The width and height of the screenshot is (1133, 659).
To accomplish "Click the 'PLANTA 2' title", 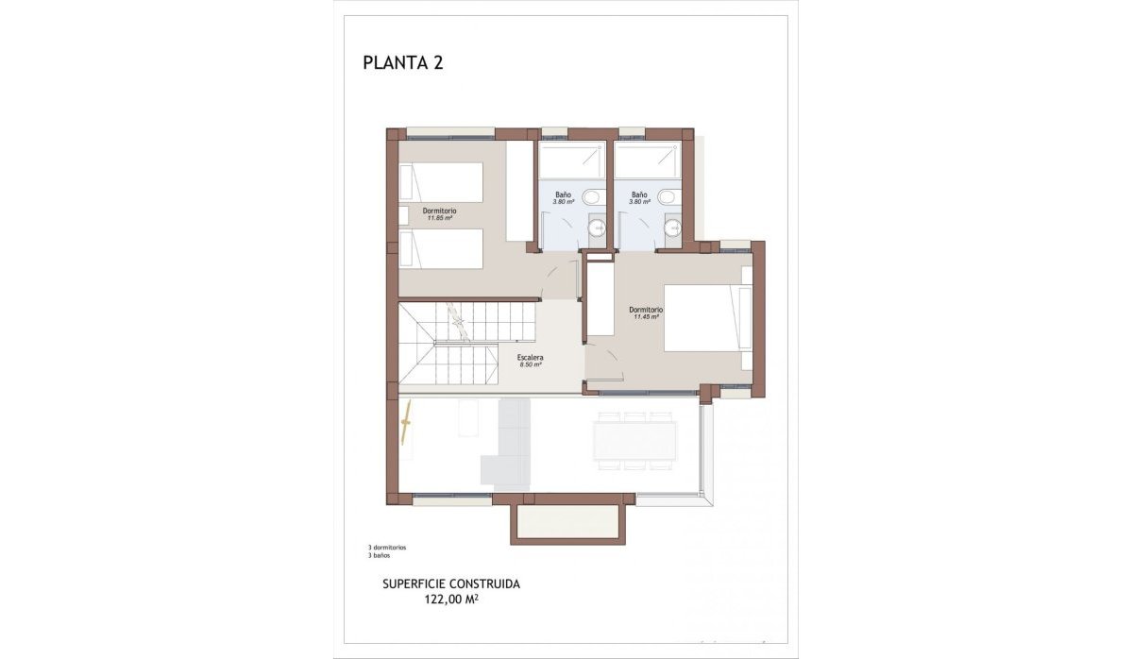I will tap(403, 63).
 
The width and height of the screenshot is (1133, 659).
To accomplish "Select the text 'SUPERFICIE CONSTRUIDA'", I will tap(450, 583).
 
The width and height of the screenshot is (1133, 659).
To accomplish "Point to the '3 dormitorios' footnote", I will tap(387, 548).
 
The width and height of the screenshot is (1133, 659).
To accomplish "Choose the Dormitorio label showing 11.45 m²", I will tap(646, 313).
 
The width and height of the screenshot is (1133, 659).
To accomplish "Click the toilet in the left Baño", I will tap(591, 197).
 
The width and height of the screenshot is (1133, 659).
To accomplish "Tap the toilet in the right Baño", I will tap(668, 197).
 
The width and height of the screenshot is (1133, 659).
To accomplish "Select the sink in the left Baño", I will tap(597, 228).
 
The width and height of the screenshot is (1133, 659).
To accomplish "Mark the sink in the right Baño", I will tap(673, 228).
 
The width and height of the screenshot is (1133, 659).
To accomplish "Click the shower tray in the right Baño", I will tap(647, 160).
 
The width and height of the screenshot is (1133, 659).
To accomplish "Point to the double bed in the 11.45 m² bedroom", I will tap(702, 318).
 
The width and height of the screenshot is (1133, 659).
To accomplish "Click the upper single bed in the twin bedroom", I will tap(442, 181).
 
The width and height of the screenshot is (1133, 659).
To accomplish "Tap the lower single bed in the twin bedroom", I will tap(442, 248).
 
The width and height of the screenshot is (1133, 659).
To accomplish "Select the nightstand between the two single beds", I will tap(404, 215).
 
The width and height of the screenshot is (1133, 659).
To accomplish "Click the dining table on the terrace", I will tap(634, 441).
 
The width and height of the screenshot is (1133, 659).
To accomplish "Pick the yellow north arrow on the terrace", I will tap(409, 423).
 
